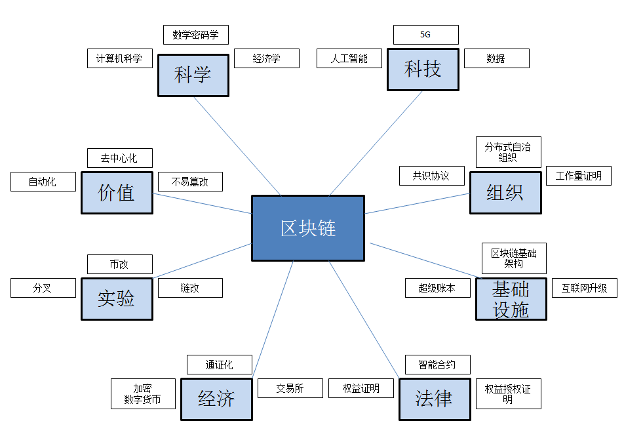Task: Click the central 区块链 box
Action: click(x=308, y=228)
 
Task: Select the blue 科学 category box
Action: click(x=193, y=75)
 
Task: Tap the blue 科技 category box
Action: click(x=423, y=69)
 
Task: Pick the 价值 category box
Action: click(x=117, y=192)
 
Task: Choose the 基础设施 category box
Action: click(x=511, y=298)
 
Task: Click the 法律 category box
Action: click(x=435, y=399)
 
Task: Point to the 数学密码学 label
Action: click(x=195, y=35)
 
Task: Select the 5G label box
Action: click(x=425, y=35)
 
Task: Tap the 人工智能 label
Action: click(x=349, y=58)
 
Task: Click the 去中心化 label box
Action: click(x=120, y=158)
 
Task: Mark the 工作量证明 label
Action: click(x=578, y=176)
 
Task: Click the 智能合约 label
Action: click(x=437, y=365)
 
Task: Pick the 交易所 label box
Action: click(x=290, y=388)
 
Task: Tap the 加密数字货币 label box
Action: click(x=143, y=393)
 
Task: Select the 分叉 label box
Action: click(x=43, y=288)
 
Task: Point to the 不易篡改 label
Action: click(x=190, y=182)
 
